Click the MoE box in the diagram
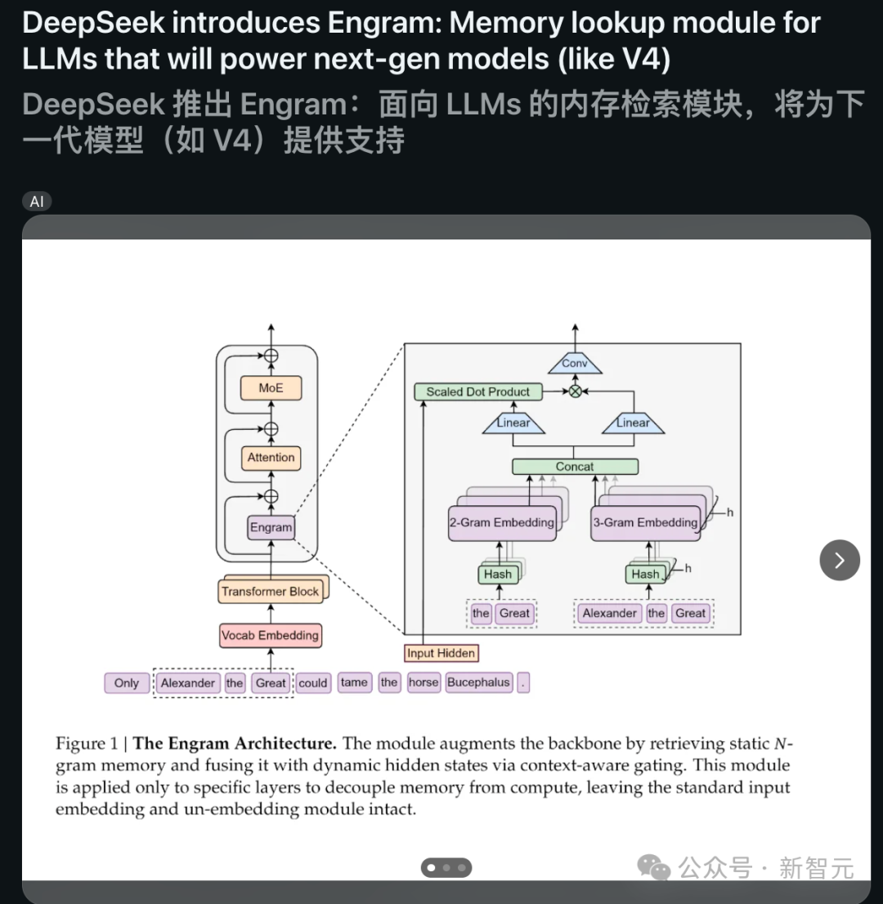271,388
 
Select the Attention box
271,458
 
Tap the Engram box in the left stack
271,527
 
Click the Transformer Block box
270,591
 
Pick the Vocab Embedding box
270,635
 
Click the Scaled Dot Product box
478,392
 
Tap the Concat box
575,467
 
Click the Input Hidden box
441,653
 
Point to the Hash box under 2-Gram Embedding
497,574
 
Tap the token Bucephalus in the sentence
479,682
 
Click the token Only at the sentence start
127,683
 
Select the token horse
424,682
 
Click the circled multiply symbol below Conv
575,392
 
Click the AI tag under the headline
37,201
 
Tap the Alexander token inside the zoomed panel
610,613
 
